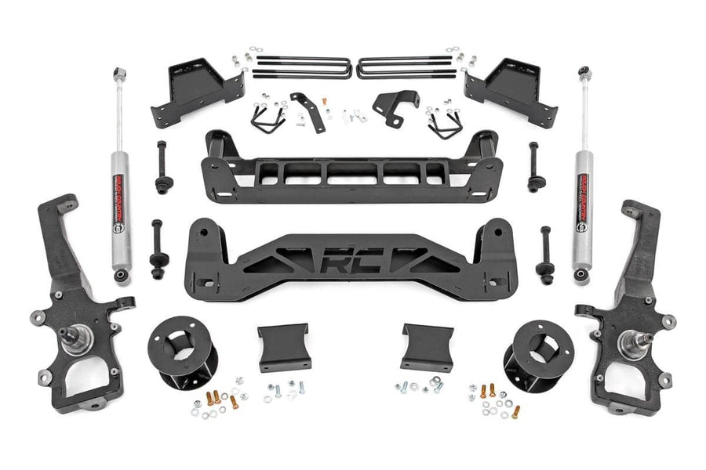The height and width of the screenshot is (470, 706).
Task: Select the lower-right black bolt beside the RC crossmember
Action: click(x=544, y=252)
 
